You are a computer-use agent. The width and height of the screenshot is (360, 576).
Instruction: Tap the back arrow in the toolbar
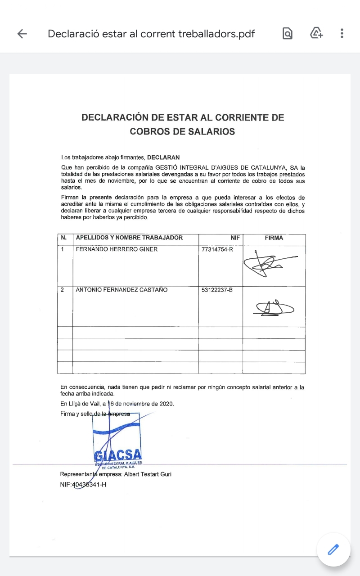(22, 34)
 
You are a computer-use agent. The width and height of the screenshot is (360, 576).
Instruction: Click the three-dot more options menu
(342, 33)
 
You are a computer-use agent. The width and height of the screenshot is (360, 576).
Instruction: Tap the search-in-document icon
(288, 33)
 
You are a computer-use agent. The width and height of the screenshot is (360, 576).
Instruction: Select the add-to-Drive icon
(317, 33)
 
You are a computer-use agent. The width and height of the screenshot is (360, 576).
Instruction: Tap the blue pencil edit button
(333, 549)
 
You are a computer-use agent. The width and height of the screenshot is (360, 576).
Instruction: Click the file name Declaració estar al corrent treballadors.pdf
(151, 34)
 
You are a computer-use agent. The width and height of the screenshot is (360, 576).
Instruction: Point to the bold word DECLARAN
(163, 157)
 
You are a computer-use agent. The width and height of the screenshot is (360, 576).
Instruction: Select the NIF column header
(235, 238)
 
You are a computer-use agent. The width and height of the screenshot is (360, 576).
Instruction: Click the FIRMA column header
(274, 238)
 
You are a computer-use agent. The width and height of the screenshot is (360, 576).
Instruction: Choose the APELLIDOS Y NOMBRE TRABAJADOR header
(129, 238)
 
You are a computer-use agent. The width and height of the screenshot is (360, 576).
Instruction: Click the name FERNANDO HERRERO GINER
(117, 249)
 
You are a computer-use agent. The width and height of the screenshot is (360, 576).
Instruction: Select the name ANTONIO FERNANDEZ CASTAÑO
(121, 290)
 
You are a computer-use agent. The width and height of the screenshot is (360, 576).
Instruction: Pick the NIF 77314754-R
(217, 249)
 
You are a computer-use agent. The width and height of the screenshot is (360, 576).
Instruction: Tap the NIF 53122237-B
(217, 290)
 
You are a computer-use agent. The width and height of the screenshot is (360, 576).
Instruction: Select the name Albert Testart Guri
(148, 474)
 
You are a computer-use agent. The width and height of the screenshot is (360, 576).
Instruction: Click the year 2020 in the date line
(166, 404)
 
